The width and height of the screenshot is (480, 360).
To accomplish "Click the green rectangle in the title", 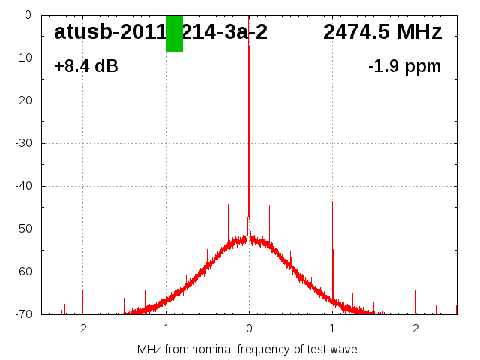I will [x=174, y=33].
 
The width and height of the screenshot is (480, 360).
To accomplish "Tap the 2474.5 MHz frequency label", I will [x=382, y=32].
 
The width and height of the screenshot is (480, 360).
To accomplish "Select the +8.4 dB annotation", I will [x=86, y=67].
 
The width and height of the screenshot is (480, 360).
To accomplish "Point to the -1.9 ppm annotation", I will [x=404, y=67].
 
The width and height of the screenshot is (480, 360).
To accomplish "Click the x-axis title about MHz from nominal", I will [x=247, y=349].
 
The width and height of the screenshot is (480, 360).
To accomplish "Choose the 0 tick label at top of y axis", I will [x=27, y=15].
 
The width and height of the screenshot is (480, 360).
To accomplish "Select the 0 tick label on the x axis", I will [x=249, y=328].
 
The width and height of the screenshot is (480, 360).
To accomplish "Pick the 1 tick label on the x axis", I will [x=332, y=328].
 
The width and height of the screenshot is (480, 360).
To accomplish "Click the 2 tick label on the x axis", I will [x=415, y=328].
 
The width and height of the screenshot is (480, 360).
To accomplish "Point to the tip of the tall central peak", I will [x=249, y=46].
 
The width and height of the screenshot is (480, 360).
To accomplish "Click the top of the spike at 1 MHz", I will [x=332, y=201].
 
